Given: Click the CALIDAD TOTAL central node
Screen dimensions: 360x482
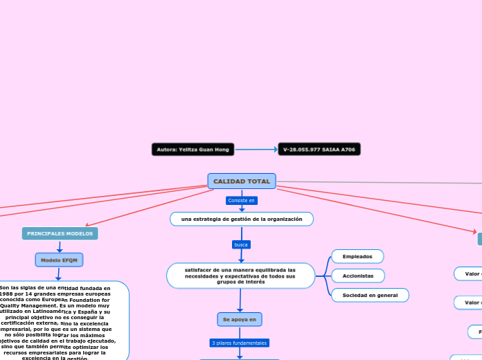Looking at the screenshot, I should click(242, 181).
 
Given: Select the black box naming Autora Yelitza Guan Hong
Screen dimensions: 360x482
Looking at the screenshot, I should click(193, 149).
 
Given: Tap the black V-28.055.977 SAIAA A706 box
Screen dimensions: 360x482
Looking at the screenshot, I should click(319, 149).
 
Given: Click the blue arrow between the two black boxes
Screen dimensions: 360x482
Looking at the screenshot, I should click(256, 149).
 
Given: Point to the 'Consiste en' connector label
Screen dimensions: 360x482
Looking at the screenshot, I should click(242, 201).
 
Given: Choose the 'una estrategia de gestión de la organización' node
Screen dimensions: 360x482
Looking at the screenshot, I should click(242, 219).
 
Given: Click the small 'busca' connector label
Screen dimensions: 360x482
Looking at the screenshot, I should click(241, 244).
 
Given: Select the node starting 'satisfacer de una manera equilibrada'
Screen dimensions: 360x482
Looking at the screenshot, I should click(240, 276).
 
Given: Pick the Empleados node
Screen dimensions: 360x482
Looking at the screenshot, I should click(357, 256).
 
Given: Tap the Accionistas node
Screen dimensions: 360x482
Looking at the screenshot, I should click(358, 276).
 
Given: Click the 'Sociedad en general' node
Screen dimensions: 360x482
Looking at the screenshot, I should click(370, 295).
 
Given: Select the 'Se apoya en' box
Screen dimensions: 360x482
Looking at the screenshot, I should click(239, 319).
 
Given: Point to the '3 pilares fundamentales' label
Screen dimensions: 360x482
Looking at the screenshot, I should click(239, 343).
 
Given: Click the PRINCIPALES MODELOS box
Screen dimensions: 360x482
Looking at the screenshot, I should click(60, 234).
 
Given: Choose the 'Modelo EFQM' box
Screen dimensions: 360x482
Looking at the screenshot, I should click(60, 260).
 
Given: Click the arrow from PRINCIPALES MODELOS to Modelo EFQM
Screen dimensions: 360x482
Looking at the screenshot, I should click(60, 246).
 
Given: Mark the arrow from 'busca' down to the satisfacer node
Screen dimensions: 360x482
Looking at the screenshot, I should click(241, 256).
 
